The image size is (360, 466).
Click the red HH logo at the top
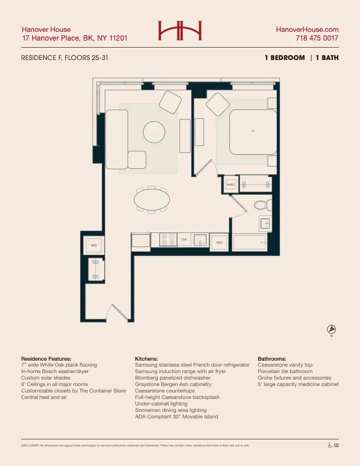179,31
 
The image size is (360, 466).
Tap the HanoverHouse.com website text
307,29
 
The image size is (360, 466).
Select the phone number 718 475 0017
317,39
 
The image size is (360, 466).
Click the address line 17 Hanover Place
74,39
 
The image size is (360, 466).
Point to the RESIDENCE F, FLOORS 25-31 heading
65,58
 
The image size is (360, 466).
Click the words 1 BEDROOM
285,58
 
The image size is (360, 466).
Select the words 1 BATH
328,58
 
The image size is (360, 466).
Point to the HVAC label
231,185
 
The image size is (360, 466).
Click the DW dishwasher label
184,239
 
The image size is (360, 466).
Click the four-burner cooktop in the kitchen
168,239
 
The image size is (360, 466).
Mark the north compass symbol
331,329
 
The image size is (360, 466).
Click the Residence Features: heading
46,358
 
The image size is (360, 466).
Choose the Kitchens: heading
146,358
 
